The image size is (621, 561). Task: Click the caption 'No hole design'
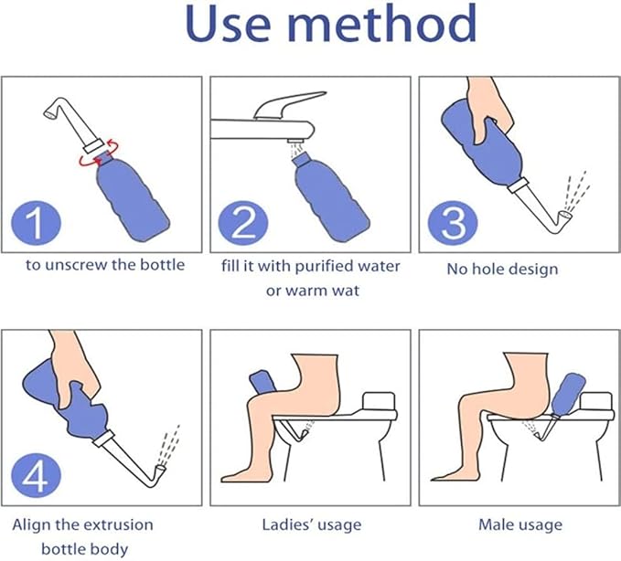[x=502, y=269]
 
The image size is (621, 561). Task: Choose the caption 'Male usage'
[x=519, y=524]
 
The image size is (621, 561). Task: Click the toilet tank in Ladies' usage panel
[x=378, y=403]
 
